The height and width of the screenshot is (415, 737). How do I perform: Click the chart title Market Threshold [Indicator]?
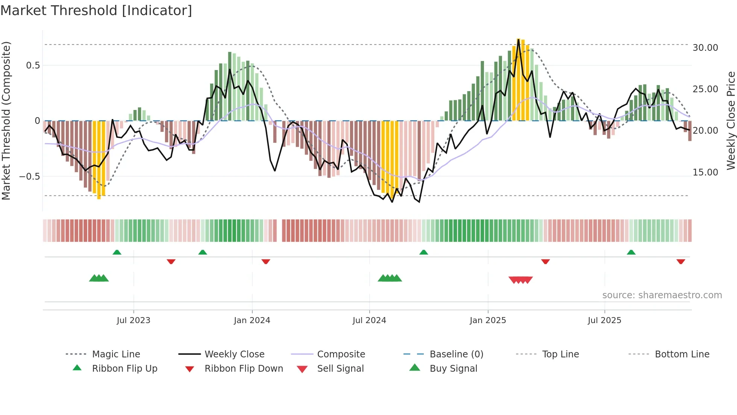click(x=96, y=11)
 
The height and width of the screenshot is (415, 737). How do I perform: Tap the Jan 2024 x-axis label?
click(x=252, y=320)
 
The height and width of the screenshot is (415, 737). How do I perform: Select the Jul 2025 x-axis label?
click(x=604, y=320)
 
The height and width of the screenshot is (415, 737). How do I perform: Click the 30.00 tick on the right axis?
click(x=705, y=48)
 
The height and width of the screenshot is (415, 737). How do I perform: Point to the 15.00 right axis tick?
click(x=705, y=172)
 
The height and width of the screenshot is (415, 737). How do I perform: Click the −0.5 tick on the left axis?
click(x=29, y=176)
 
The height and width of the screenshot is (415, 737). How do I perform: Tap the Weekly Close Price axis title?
click(x=730, y=121)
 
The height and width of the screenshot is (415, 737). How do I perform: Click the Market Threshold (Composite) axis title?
click(x=6, y=121)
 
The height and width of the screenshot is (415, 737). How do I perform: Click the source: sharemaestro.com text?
click(x=662, y=295)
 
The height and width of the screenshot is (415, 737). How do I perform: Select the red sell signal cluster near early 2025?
click(x=520, y=280)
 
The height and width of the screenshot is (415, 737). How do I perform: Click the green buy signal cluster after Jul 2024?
click(x=390, y=278)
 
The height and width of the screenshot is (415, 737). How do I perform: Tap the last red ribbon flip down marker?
click(x=681, y=261)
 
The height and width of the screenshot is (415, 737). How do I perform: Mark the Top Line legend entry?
click(x=560, y=354)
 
